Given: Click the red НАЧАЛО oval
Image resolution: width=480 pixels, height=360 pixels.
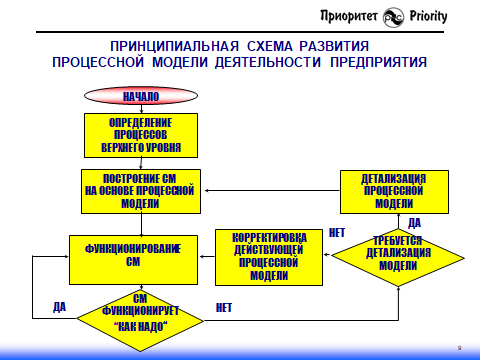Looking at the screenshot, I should [x=140, y=96].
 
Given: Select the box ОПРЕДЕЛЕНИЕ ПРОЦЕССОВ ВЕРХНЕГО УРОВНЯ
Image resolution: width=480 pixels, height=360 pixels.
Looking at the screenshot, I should [x=140, y=135].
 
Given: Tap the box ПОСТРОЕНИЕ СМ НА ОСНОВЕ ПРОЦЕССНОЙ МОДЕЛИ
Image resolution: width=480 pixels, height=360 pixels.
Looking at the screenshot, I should [x=140, y=190].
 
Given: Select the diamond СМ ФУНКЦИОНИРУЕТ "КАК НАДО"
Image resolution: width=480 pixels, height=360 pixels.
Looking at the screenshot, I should [x=140, y=313].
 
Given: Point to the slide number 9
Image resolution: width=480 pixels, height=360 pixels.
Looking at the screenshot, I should [x=458, y=346].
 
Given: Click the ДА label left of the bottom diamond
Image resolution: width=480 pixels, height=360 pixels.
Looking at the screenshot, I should [x=58, y=305].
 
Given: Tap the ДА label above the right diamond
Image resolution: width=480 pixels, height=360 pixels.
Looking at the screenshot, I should [x=414, y=222].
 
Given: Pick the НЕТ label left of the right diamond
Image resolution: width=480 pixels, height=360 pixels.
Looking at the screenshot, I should [x=336, y=232].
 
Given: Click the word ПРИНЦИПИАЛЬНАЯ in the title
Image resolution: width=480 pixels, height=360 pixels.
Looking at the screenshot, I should [x=170, y=46].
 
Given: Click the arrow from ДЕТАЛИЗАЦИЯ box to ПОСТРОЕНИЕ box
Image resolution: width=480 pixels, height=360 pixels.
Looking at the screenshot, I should [x=270, y=191].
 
